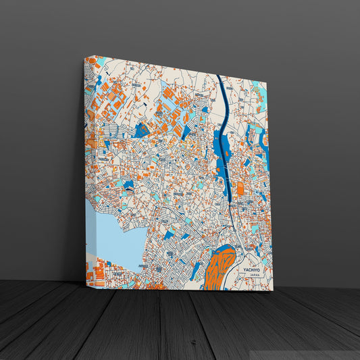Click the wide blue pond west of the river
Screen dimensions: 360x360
coord(220,145)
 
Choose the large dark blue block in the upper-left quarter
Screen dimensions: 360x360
coord(142,130)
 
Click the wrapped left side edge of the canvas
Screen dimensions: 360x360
coord(87,169)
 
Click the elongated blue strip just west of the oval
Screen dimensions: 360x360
coord(197,270)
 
